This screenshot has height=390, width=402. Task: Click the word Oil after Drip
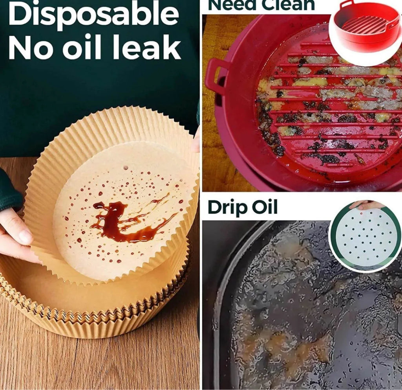265,207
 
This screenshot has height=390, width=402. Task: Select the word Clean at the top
287,5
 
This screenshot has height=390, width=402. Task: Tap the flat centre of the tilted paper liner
121,211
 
